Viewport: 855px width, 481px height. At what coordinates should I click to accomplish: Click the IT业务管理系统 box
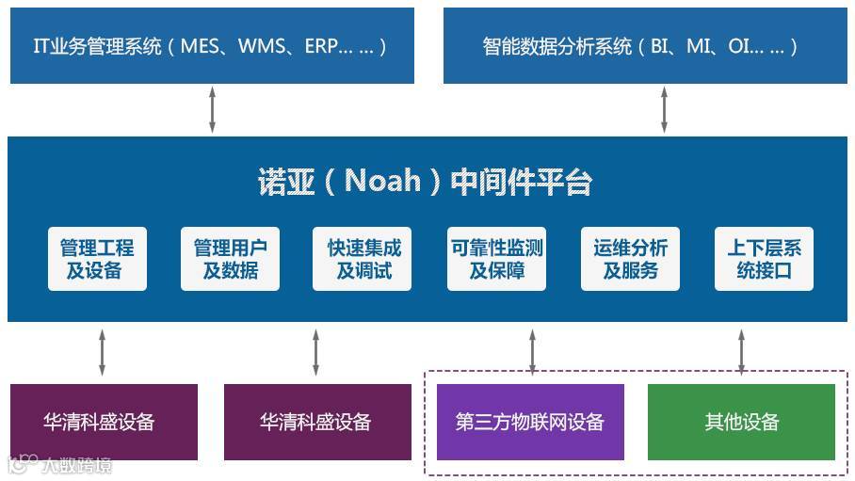click(212, 45)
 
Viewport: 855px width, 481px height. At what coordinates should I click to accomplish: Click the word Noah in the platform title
click(382, 180)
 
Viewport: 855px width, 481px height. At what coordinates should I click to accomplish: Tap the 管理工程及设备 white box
click(97, 259)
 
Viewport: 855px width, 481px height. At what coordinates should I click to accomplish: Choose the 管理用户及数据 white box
click(230, 259)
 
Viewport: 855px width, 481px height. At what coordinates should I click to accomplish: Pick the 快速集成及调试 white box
click(363, 259)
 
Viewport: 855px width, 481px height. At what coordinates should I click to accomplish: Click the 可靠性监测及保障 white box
click(496, 259)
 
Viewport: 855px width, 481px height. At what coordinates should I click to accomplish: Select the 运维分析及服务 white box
click(630, 259)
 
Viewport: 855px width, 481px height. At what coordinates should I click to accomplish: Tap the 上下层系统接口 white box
click(764, 259)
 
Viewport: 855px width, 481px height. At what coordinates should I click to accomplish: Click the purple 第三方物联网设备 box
click(530, 422)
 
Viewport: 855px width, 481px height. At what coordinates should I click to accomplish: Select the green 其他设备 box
click(742, 422)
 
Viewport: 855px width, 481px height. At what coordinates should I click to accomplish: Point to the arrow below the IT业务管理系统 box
click(212, 109)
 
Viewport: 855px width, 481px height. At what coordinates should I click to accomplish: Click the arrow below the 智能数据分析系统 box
click(664, 109)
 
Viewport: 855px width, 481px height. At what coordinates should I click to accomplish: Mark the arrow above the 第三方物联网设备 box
click(532, 352)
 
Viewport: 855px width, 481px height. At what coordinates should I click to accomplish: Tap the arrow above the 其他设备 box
click(742, 352)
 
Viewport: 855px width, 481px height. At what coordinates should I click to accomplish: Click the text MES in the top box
click(202, 46)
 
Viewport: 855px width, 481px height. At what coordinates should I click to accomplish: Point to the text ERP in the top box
click(322, 46)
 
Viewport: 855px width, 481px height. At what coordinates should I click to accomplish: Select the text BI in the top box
click(661, 46)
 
